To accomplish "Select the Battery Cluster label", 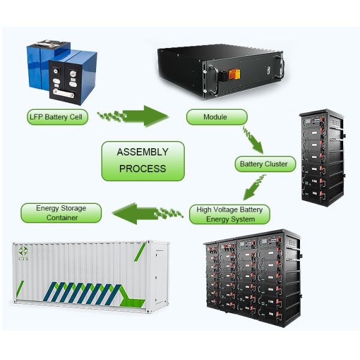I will coord(264,163).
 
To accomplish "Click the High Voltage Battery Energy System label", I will coord(230,214).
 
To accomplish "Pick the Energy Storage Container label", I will coord(61,212).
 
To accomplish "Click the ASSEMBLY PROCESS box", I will coord(143,160).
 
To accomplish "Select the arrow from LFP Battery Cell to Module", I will coord(141,115).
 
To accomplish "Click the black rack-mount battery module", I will coord(219,69).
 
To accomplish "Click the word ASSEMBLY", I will coord(143,152).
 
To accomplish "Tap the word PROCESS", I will coord(143,169).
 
